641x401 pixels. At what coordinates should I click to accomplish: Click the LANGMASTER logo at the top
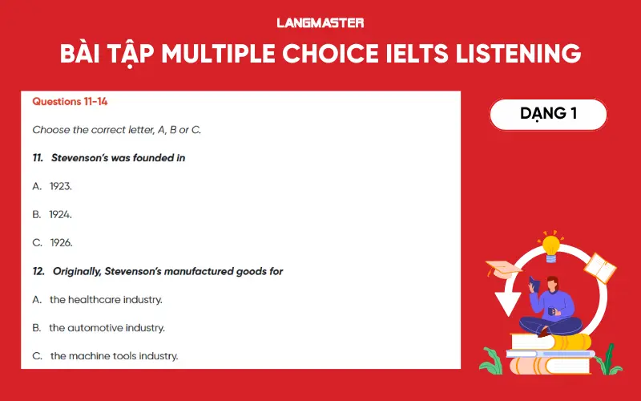coord(320,22)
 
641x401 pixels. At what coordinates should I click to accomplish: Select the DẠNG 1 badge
coord(548,114)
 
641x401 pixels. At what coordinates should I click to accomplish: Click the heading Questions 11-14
coord(70,102)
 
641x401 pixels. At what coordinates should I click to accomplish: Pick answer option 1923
coord(60,186)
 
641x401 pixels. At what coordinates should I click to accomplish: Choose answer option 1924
coord(60,214)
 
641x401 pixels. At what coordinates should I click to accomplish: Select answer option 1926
coord(61,242)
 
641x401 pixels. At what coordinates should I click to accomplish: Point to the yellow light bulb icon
coord(550,245)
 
